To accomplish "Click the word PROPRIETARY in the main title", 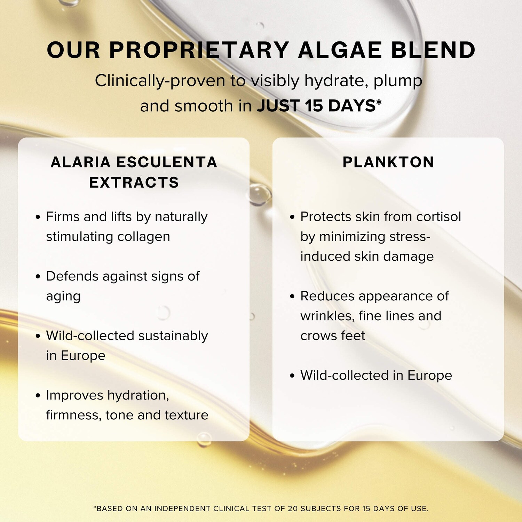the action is (199, 50).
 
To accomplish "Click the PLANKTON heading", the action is (388, 162).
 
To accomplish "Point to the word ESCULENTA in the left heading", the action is (166, 162).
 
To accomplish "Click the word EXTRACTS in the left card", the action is (134, 182).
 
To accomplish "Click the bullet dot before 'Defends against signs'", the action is (38, 277).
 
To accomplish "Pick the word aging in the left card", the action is (63, 297).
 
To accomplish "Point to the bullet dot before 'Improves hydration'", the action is (38, 396).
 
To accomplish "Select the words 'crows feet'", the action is (333, 336).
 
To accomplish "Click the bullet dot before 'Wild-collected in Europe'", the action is (292, 376).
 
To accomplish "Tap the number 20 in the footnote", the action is (293, 508).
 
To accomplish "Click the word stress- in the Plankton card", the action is (410, 237).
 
